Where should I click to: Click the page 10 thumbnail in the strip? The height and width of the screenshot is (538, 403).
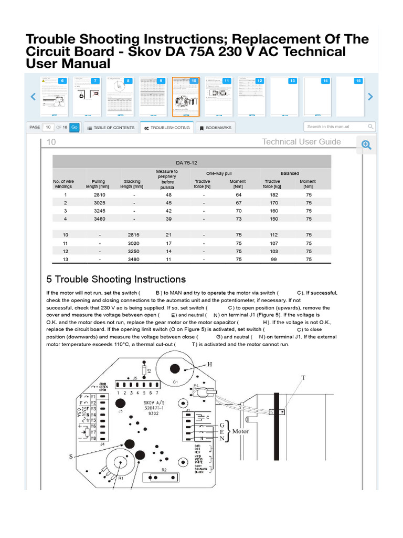(x=186, y=97)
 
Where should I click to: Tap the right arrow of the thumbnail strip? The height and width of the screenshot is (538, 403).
(x=370, y=97)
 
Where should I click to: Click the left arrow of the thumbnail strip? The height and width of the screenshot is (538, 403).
(x=33, y=97)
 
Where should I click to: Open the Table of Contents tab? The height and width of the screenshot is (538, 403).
(x=110, y=128)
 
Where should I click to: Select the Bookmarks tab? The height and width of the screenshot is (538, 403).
(x=215, y=128)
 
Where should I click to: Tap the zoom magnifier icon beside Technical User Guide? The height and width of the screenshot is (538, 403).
(x=366, y=146)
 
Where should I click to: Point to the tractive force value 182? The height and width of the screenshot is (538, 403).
(x=272, y=195)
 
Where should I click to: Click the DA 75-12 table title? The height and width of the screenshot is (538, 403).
(x=191, y=162)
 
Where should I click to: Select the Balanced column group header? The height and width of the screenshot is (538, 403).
(x=290, y=173)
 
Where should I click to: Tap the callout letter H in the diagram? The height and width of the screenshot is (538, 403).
(x=210, y=364)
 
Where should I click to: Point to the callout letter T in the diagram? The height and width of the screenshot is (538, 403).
(x=303, y=377)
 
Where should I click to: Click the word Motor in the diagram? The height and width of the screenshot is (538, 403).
(x=240, y=431)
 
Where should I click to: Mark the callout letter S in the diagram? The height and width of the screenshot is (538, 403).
(x=70, y=457)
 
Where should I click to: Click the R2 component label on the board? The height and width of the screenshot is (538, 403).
(x=164, y=469)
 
